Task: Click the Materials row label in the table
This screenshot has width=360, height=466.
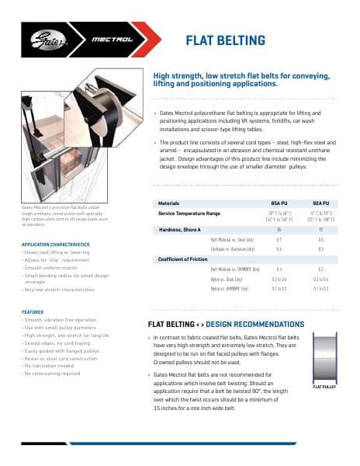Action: [168, 202]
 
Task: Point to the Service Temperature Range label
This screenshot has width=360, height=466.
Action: [189, 212]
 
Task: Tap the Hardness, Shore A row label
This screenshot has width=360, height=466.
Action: [179, 230]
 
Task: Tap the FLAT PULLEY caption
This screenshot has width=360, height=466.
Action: [324, 387]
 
